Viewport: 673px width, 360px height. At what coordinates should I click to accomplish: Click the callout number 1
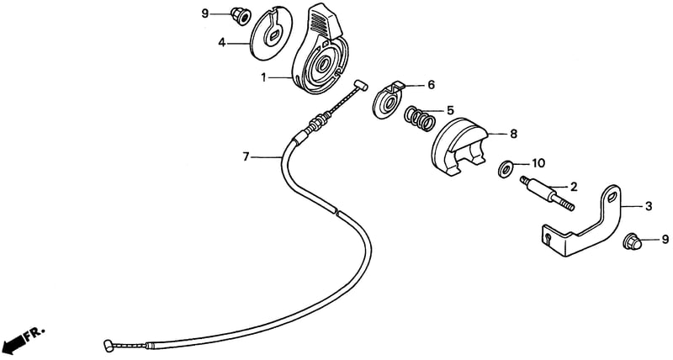(264, 77)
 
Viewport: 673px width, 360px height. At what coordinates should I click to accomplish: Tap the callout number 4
(221, 43)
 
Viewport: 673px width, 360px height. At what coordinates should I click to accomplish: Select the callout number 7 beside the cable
(246, 157)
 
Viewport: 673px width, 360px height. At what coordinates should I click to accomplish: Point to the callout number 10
(538, 163)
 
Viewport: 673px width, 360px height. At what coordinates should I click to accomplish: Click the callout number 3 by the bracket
(649, 206)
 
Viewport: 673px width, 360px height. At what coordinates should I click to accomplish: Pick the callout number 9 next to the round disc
(204, 14)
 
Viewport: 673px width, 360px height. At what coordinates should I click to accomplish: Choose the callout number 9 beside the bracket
(665, 240)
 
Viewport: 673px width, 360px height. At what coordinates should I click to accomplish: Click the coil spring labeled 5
(419, 119)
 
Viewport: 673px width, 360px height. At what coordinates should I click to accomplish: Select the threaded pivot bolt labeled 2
(547, 194)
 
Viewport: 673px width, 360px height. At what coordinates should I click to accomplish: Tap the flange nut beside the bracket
(632, 242)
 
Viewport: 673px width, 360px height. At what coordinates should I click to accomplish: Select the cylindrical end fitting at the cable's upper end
(361, 86)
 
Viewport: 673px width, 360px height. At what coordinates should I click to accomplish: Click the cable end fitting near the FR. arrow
(109, 345)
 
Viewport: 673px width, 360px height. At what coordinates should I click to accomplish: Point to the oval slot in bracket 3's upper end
(612, 198)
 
